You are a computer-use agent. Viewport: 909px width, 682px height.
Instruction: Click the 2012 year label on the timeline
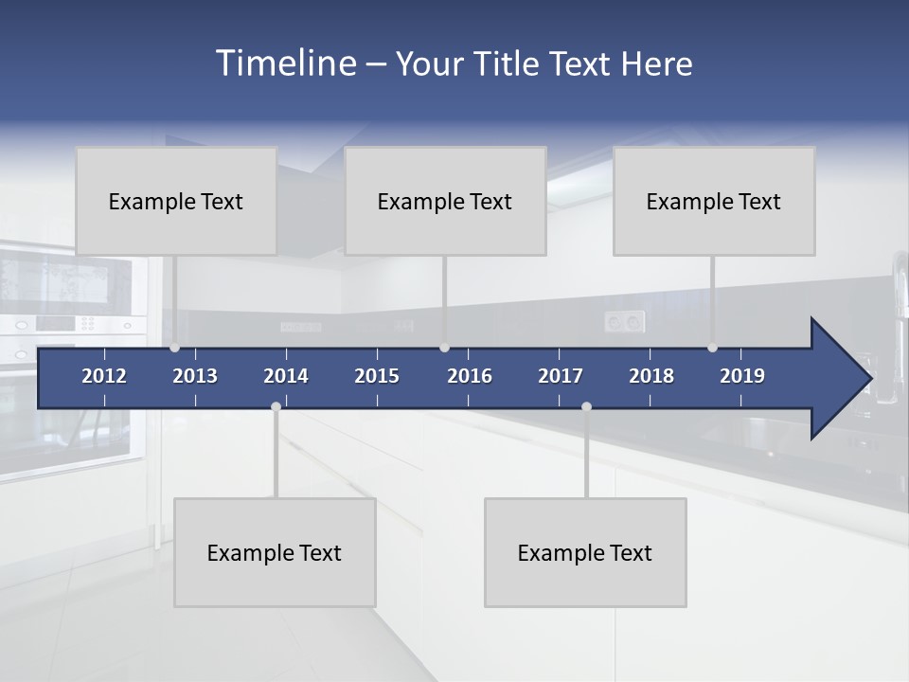[104, 376]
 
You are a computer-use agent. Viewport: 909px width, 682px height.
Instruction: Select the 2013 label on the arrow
[195, 376]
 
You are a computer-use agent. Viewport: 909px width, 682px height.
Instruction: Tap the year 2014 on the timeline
[286, 376]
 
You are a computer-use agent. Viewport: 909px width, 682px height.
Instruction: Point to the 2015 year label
[377, 376]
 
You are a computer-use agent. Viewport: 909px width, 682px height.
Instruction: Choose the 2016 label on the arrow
[470, 376]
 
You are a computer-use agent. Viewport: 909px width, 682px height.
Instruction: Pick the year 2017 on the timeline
[561, 376]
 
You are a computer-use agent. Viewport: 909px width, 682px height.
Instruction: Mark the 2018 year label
[651, 376]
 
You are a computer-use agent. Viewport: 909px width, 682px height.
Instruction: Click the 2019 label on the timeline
[742, 376]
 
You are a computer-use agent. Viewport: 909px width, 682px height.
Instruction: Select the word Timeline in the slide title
[285, 63]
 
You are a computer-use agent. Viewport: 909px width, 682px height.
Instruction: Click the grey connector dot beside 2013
[174, 348]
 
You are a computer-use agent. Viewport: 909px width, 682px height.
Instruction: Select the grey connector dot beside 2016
[444, 348]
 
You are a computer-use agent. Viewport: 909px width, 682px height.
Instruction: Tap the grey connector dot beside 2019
[712, 348]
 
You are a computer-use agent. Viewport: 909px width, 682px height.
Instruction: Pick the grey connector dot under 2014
[276, 406]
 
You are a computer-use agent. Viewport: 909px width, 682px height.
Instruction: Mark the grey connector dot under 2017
[586, 406]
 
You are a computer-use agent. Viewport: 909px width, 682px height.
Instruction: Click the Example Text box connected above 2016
[445, 201]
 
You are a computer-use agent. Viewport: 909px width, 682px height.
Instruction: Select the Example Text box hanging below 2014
[275, 552]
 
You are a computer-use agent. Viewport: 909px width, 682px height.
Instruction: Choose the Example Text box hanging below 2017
[585, 552]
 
